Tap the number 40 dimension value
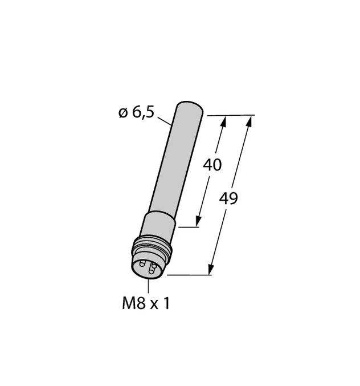coord(212,165)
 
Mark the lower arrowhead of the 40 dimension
coord(199,222)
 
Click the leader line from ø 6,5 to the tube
coord(165,120)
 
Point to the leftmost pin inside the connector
coord(141,263)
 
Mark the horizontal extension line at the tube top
coord(231,115)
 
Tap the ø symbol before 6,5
coord(122,113)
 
